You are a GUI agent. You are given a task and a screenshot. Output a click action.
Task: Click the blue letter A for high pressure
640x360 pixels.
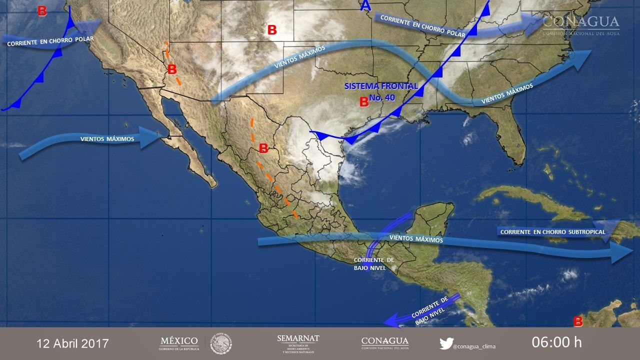366,6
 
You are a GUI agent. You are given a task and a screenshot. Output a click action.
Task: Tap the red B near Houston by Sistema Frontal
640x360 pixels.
364,102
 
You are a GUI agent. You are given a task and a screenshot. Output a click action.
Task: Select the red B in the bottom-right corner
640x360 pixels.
578,320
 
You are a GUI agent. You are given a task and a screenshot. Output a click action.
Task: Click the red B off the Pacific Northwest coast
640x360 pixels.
42,11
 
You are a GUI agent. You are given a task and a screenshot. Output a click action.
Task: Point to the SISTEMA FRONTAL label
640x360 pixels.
381,86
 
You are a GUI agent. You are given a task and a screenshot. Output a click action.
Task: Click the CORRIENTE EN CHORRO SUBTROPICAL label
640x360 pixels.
552,232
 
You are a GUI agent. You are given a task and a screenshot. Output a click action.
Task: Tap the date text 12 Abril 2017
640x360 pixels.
72,343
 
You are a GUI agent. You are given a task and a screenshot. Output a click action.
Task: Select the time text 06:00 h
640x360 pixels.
556,342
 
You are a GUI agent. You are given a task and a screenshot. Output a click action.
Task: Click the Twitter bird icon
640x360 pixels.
446,343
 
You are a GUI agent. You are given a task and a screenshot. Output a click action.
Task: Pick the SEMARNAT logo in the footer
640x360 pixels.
298,343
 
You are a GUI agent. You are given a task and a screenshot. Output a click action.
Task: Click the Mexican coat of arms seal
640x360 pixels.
220,343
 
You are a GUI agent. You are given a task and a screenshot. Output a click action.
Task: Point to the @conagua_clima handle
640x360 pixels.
474,344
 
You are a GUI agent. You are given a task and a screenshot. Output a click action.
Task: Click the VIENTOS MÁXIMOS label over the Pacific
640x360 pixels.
107,138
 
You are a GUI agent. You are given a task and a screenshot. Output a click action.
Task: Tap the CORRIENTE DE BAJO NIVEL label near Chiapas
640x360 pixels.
374,264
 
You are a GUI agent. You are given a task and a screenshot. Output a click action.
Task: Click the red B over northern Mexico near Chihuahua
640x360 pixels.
263,148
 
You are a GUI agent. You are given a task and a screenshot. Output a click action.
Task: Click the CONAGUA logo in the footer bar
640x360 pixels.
384,343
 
